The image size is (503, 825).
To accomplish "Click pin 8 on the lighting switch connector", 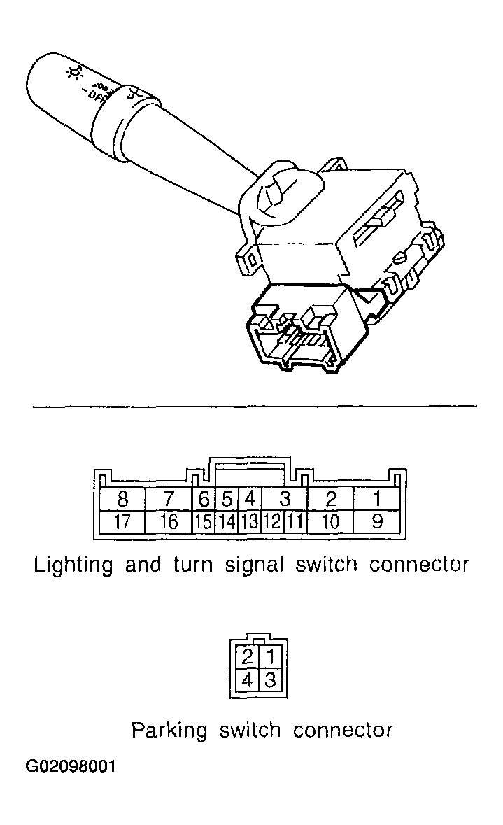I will tap(123, 500).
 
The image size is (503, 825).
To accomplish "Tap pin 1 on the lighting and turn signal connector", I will tap(376, 500).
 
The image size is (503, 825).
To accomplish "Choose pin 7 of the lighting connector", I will tap(169, 500).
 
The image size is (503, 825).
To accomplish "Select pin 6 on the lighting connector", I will tap(204, 500).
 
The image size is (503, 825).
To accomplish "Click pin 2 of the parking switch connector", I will tap(247, 657).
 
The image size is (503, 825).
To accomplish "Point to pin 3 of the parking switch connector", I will tap(269, 679).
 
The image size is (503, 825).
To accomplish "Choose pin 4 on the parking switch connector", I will tap(247, 679).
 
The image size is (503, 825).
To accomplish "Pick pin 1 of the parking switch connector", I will tap(269, 657).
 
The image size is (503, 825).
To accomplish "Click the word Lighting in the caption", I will tap(73, 565).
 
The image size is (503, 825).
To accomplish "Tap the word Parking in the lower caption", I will tap(169, 731).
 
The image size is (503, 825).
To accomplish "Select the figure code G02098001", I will tap(71, 767).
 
